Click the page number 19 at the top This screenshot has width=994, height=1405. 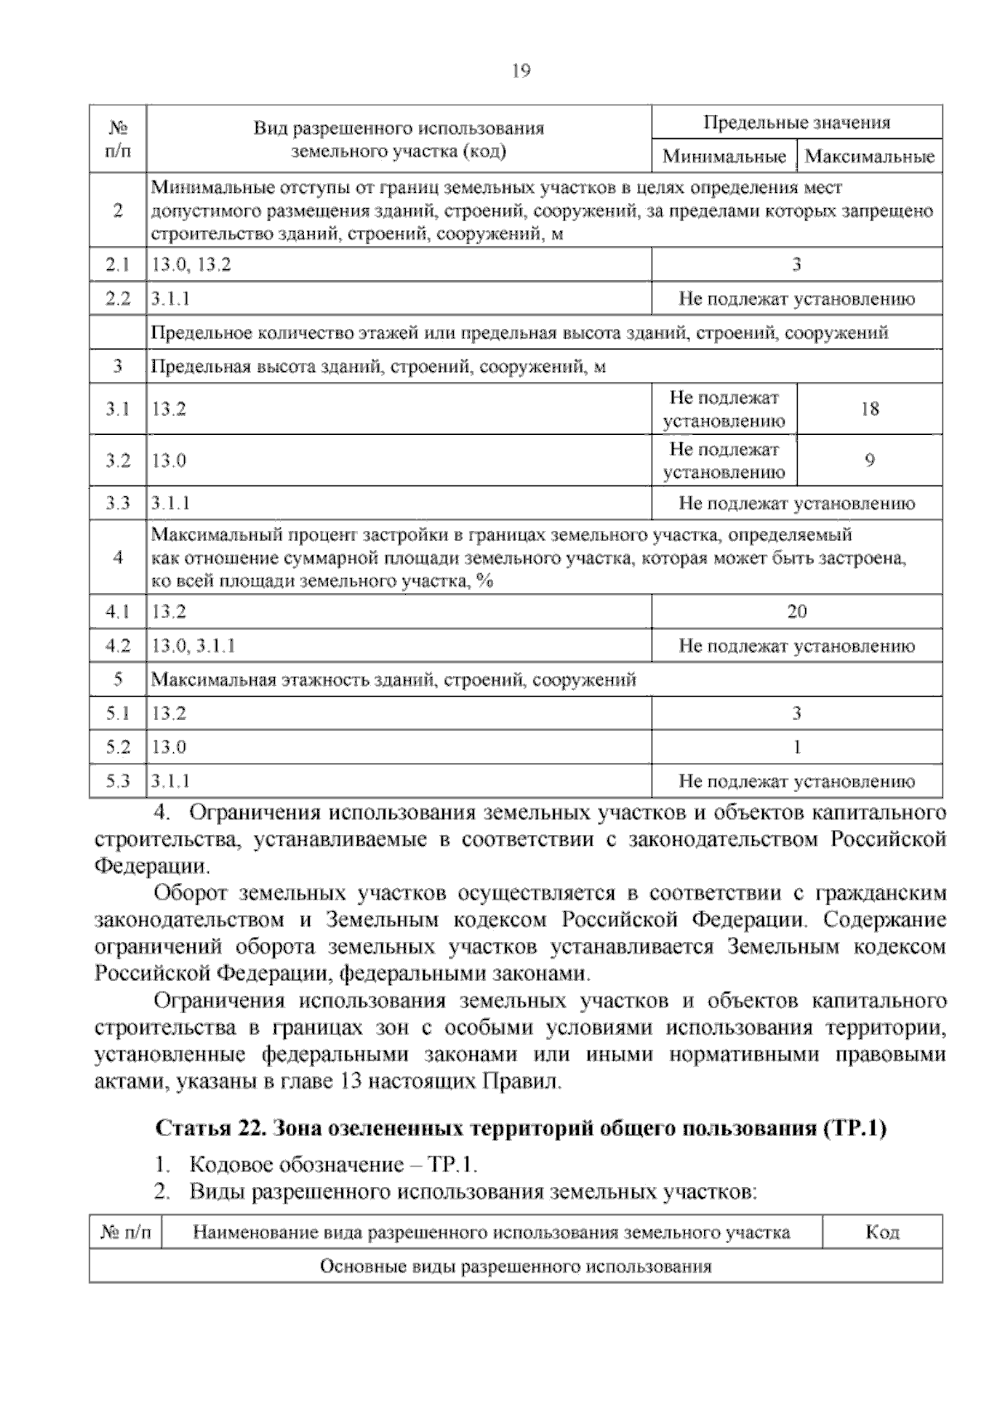coord(521,71)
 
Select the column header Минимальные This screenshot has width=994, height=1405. coord(724,156)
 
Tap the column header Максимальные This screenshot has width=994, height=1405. coord(869,156)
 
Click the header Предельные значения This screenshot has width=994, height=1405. coord(796,123)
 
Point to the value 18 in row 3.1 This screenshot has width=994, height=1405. coord(870,408)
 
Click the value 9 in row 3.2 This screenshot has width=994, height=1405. coord(870,461)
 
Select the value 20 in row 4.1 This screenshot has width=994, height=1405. coord(797,611)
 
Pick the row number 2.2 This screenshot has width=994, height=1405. coord(118,299)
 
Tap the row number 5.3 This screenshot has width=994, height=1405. coord(118,780)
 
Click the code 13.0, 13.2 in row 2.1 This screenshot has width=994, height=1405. coord(191,265)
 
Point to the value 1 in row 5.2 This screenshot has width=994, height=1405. coord(797,746)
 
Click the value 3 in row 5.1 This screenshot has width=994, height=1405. coord(797,712)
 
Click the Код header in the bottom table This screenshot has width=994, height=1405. coord(882,1232)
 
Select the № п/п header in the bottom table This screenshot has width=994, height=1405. coord(126,1232)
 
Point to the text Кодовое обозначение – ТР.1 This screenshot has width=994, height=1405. coord(334,1165)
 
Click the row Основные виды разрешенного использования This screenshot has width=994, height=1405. coord(515,1267)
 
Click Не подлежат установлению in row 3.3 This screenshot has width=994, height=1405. coord(796,503)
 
